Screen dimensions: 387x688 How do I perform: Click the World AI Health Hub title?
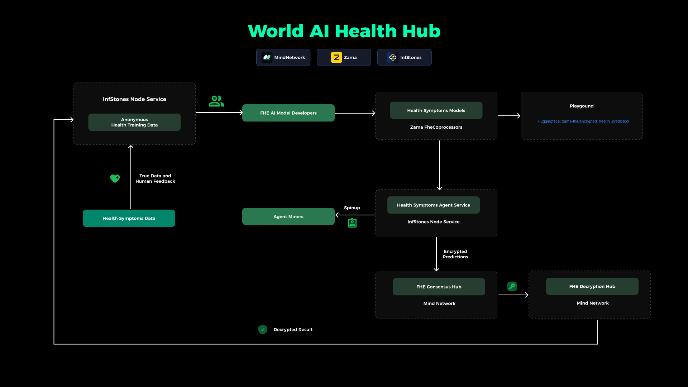tap(344, 31)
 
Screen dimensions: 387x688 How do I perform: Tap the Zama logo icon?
tap(336, 57)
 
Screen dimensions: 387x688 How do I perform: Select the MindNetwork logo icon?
tap(267, 57)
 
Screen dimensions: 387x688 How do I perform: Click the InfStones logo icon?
tap(393, 57)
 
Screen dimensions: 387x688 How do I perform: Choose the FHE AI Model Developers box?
tap(288, 113)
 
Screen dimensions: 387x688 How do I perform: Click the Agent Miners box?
tap(288, 216)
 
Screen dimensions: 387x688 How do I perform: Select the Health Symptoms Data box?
tap(129, 218)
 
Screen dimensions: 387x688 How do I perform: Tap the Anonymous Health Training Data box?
tap(134, 122)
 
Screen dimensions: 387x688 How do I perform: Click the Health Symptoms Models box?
tap(436, 110)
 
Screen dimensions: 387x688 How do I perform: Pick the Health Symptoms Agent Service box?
tap(433, 205)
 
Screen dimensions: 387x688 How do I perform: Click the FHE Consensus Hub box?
tap(439, 287)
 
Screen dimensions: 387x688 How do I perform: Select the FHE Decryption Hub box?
tap(592, 286)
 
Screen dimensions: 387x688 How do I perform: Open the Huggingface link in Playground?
tap(583, 121)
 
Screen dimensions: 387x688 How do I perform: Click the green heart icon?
tap(115, 178)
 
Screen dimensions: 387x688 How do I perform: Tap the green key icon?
tap(512, 286)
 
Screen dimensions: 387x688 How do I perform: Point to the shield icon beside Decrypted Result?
tap(263, 329)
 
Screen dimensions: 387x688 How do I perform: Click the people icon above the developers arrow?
tap(216, 101)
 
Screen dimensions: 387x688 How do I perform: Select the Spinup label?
tap(352, 208)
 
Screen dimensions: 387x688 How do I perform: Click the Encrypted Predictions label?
tap(455, 254)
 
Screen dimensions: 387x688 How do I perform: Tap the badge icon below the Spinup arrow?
tap(352, 223)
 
